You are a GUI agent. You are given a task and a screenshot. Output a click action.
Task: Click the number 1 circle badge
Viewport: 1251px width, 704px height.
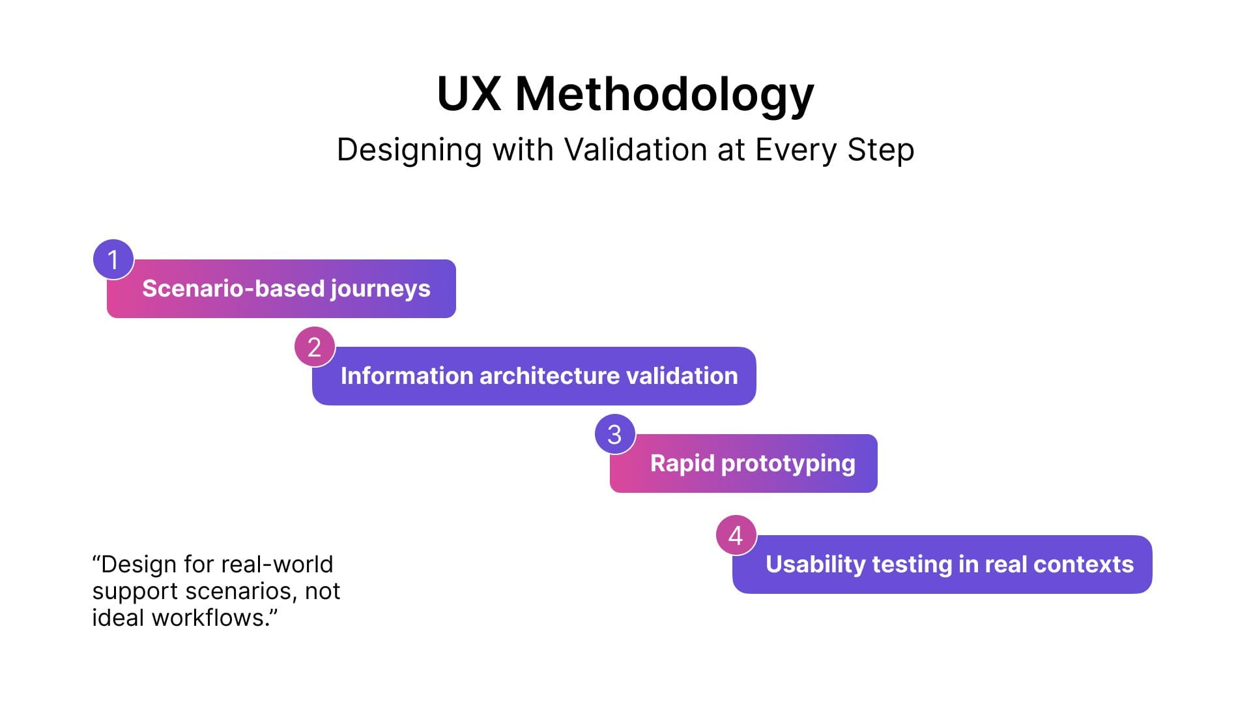113,259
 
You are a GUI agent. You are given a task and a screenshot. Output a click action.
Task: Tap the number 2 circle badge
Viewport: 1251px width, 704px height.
315,347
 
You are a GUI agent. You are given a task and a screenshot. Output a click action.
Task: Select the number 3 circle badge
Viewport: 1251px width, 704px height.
615,434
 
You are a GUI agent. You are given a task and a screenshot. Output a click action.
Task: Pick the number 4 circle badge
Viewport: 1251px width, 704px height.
736,535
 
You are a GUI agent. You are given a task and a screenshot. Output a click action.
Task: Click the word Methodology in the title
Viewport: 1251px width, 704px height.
665,95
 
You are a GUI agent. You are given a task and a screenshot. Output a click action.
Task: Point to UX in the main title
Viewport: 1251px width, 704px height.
469,94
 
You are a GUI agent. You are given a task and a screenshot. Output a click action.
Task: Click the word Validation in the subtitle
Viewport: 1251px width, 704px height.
636,149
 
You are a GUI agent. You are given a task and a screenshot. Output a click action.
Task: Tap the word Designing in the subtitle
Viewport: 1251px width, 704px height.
410,151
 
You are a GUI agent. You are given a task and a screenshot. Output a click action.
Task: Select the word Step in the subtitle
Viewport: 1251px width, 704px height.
881,151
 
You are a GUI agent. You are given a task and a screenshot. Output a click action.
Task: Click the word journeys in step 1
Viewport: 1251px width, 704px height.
381,289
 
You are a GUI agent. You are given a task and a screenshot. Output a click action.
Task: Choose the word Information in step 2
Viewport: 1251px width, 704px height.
407,375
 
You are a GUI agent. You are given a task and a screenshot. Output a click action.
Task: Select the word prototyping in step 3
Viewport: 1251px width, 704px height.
788,464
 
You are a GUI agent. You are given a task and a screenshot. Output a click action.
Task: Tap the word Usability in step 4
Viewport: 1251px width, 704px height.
816,565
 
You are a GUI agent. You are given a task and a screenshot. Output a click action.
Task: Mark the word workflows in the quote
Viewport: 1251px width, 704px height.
211,617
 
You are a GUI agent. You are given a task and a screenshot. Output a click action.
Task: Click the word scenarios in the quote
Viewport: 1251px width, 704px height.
241,591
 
